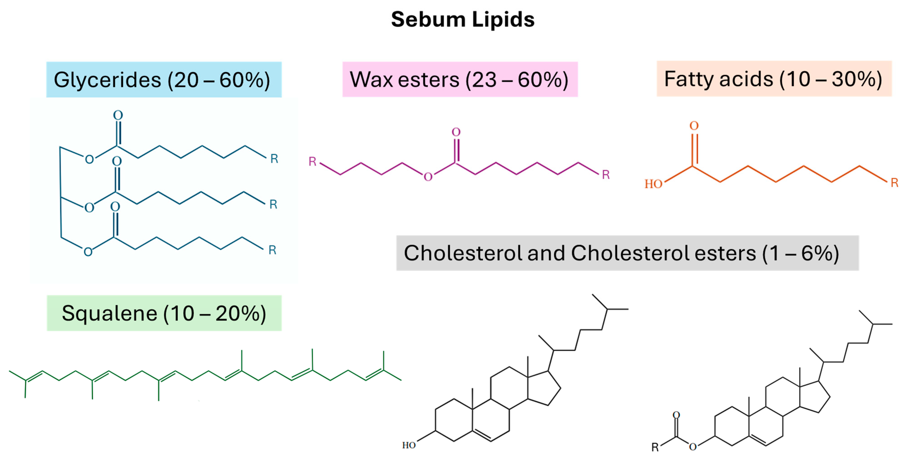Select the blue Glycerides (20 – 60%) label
(x=164, y=79)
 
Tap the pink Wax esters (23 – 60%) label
(x=460, y=79)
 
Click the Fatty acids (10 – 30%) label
(x=774, y=79)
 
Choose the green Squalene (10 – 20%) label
(x=164, y=313)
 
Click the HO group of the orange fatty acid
(x=653, y=184)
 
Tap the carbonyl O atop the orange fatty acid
(x=694, y=126)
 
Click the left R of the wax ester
(x=312, y=162)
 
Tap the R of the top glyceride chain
(x=274, y=159)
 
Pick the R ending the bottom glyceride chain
(x=272, y=250)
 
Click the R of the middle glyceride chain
(x=273, y=204)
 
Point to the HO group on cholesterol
(x=409, y=445)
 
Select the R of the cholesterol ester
(x=655, y=447)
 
